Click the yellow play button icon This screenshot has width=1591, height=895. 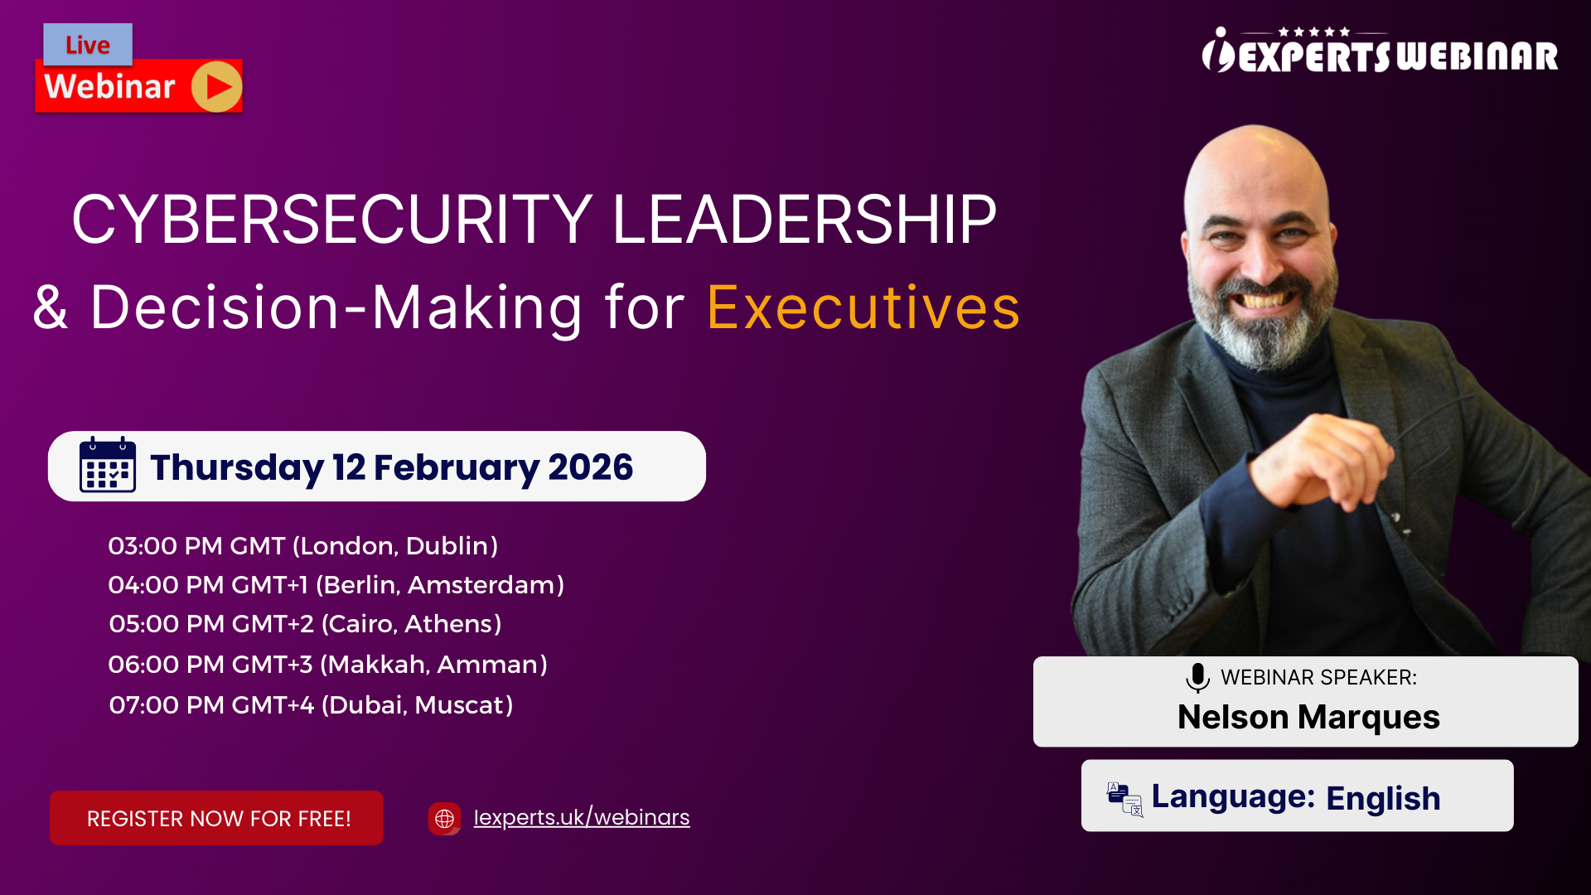pyautogui.click(x=216, y=86)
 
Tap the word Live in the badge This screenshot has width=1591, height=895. pyautogui.click(x=88, y=45)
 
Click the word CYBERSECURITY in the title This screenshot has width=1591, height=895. pyautogui.click(x=332, y=220)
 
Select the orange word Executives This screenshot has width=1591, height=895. pyautogui.click(x=863, y=307)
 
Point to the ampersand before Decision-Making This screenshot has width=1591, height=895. pyautogui.click(x=50, y=307)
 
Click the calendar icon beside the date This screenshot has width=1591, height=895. pyautogui.click(x=108, y=466)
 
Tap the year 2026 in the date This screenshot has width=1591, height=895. pyautogui.click(x=590, y=467)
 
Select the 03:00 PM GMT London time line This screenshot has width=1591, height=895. pyautogui.click(x=303, y=545)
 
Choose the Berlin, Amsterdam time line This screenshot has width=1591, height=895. pyautogui.click(x=336, y=584)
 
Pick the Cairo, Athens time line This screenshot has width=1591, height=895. pyautogui.click(x=305, y=623)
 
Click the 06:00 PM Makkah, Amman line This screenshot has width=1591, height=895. pyautogui.click(x=327, y=664)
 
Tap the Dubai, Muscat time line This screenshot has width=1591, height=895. pyautogui.click(x=311, y=704)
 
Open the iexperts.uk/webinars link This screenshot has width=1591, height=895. pyautogui.click(x=581, y=817)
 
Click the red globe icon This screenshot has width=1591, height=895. pyautogui.click(x=444, y=818)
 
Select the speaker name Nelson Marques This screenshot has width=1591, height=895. pyautogui.click(x=1308, y=717)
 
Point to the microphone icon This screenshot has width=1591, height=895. pyautogui.click(x=1197, y=677)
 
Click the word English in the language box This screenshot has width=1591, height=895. pyautogui.click(x=1383, y=798)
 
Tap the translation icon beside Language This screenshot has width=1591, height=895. pyautogui.click(x=1124, y=799)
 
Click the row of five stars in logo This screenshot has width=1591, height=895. pyautogui.click(x=1314, y=31)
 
